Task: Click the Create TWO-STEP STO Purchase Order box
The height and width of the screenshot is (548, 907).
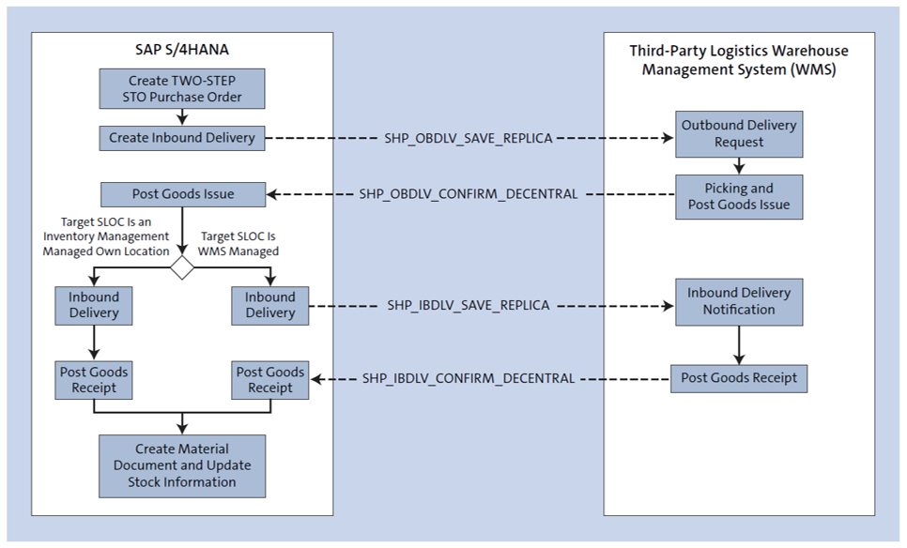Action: point(182,89)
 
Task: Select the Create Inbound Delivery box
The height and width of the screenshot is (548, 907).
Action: point(182,138)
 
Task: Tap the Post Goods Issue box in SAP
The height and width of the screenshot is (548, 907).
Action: point(182,194)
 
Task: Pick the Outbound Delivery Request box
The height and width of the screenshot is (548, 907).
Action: point(739,134)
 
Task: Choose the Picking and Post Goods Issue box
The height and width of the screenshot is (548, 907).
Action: point(739,197)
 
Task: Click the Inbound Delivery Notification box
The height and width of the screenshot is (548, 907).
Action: point(739,301)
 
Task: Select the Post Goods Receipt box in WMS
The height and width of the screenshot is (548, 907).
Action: point(739,378)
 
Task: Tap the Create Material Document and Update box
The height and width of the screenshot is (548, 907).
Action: point(182,465)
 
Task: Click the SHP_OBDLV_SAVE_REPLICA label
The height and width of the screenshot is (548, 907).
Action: point(469,138)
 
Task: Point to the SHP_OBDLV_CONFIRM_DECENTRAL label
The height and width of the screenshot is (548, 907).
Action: point(469,194)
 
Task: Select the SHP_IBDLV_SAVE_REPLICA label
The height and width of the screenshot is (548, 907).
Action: point(469,306)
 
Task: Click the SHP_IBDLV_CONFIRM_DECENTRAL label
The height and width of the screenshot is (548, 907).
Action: point(469,378)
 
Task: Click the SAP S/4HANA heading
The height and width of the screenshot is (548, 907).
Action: point(182,49)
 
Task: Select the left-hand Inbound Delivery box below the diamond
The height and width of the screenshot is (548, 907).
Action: point(94,305)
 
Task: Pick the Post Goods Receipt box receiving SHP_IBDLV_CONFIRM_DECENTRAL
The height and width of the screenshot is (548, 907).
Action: point(270,379)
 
